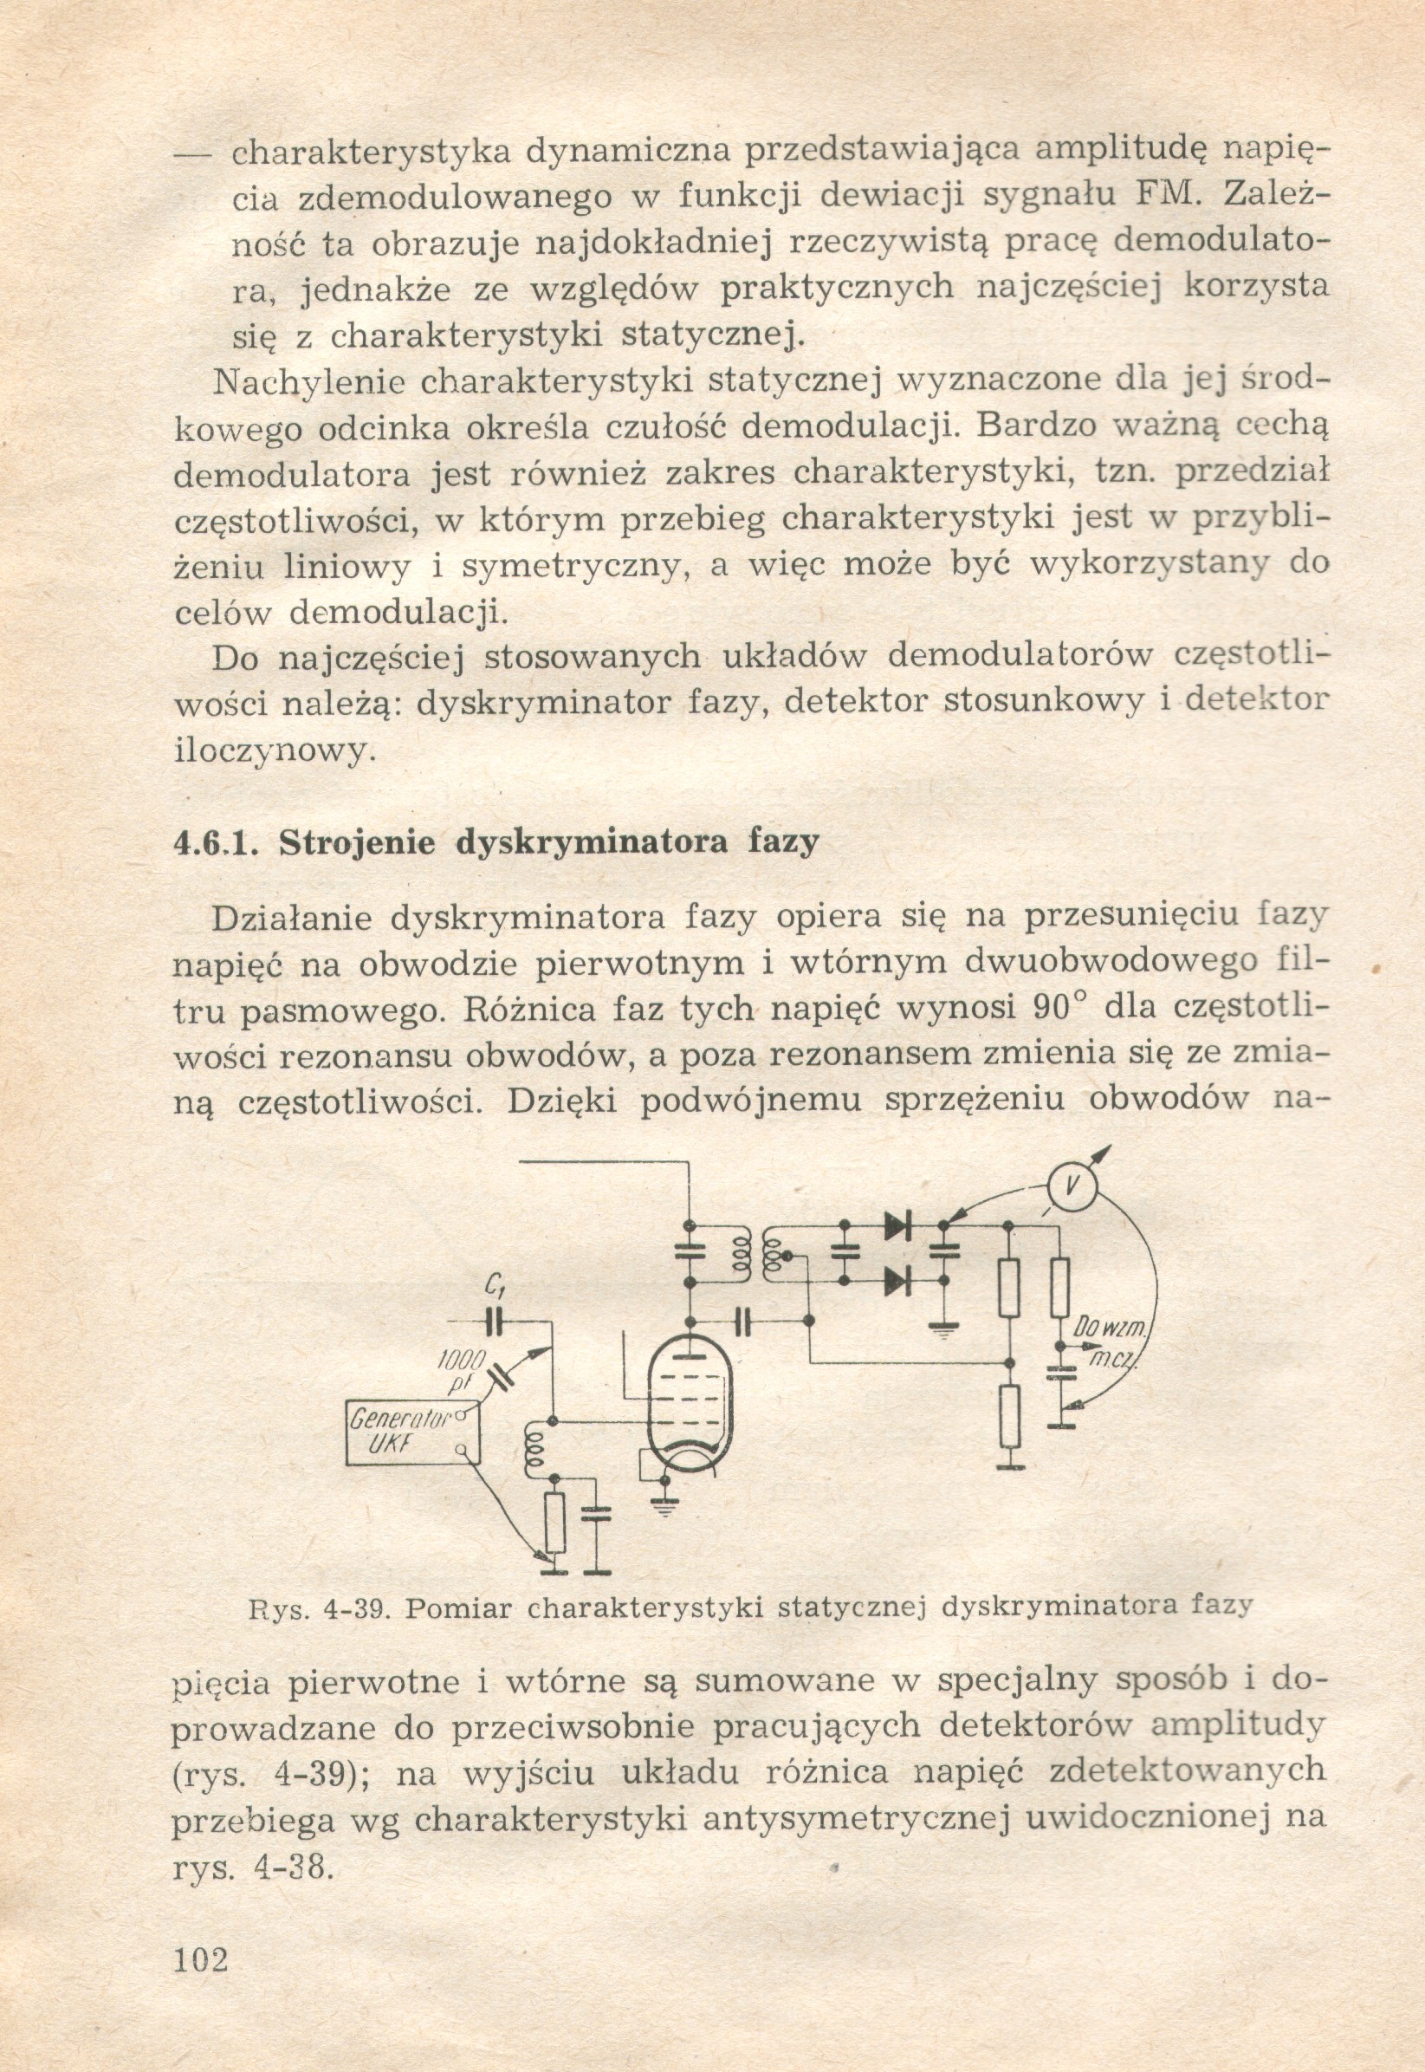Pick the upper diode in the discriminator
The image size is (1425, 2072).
(x=897, y=1225)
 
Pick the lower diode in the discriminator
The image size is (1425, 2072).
(x=897, y=1283)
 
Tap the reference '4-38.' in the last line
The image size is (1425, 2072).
(x=295, y=1867)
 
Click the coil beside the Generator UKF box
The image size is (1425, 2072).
(x=535, y=1452)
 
